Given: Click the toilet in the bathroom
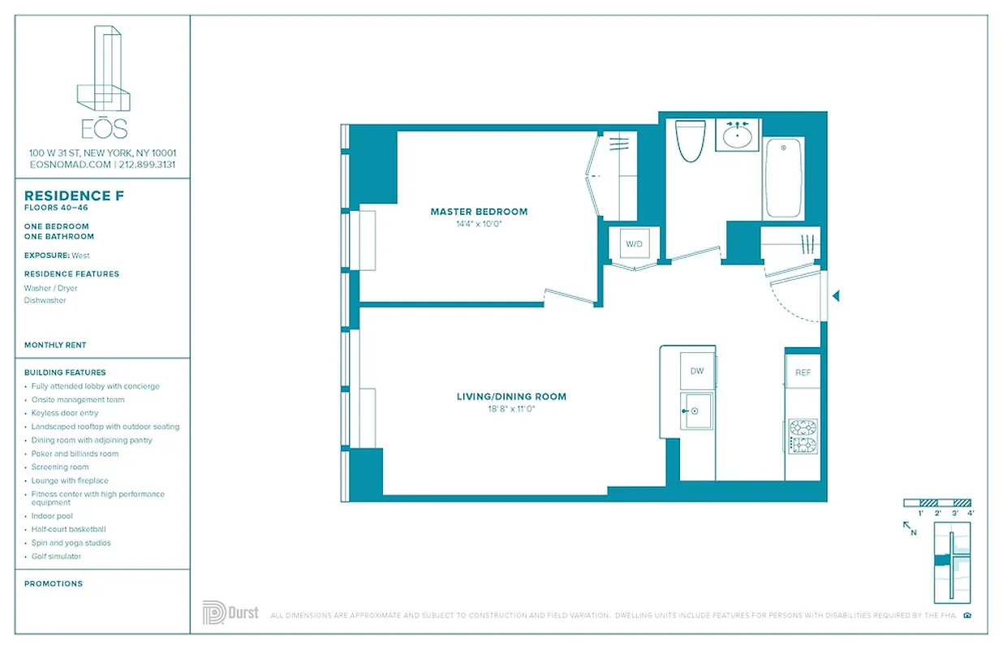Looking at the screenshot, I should click(691, 141).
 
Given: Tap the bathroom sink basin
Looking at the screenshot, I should click(737, 136).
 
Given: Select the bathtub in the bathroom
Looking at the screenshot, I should click(783, 178).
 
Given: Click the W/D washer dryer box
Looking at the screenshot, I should click(634, 243).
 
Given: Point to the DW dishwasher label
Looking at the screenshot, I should click(697, 371).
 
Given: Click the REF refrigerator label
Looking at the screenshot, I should click(803, 372).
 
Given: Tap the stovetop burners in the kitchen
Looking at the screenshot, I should click(803, 436).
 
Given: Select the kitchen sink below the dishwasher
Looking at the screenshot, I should click(695, 411).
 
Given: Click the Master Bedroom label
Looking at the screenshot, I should click(479, 212).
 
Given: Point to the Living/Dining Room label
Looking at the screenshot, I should click(511, 397).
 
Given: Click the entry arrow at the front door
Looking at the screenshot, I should click(836, 297).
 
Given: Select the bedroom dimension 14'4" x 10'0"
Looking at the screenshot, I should click(479, 224).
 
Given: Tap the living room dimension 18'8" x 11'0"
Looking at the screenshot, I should click(511, 409).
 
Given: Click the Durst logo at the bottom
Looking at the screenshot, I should click(230, 612).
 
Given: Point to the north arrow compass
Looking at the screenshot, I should click(910, 529).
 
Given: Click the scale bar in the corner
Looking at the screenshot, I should click(937, 503).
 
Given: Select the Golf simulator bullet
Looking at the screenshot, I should click(56, 557).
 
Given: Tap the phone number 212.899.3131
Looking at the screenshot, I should click(147, 164).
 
